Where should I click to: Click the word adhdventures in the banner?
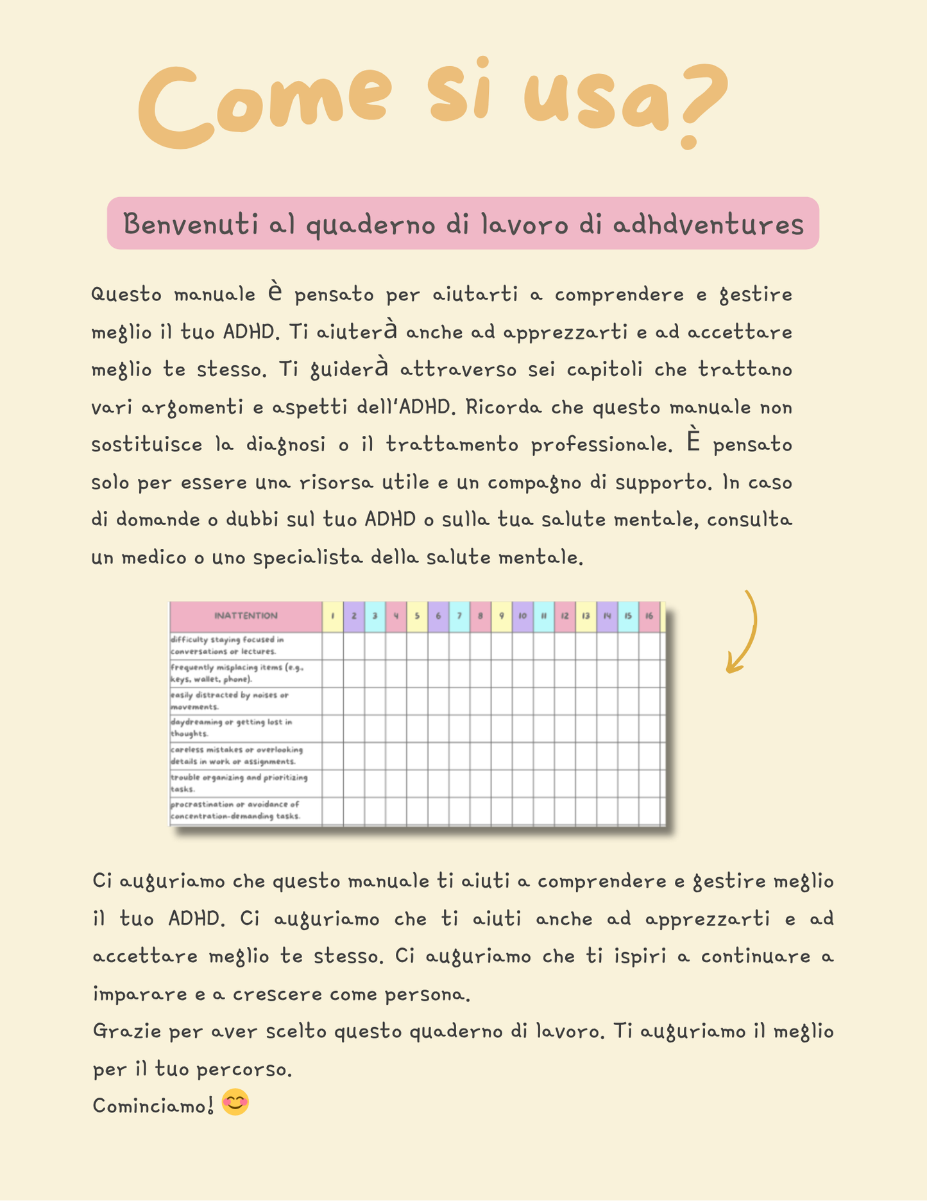pyautogui.click(x=708, y=224)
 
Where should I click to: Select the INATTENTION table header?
pyautogui.click(x=246, y=616)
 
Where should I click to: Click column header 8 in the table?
pyautogui.click(x=480, y=616)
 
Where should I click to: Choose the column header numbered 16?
pyautogui.click(x=649, y=616)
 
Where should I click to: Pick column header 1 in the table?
pyautogui.click(x=332, y=616)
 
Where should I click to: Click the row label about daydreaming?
pyautogui.click(x=231, y=728)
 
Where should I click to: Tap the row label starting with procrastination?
pyautogui.click(x=235, y=810)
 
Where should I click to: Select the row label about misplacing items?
pyautogui.click(x=236, y=673)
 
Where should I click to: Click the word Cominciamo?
pyautogui.click(x=153, y=1105)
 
